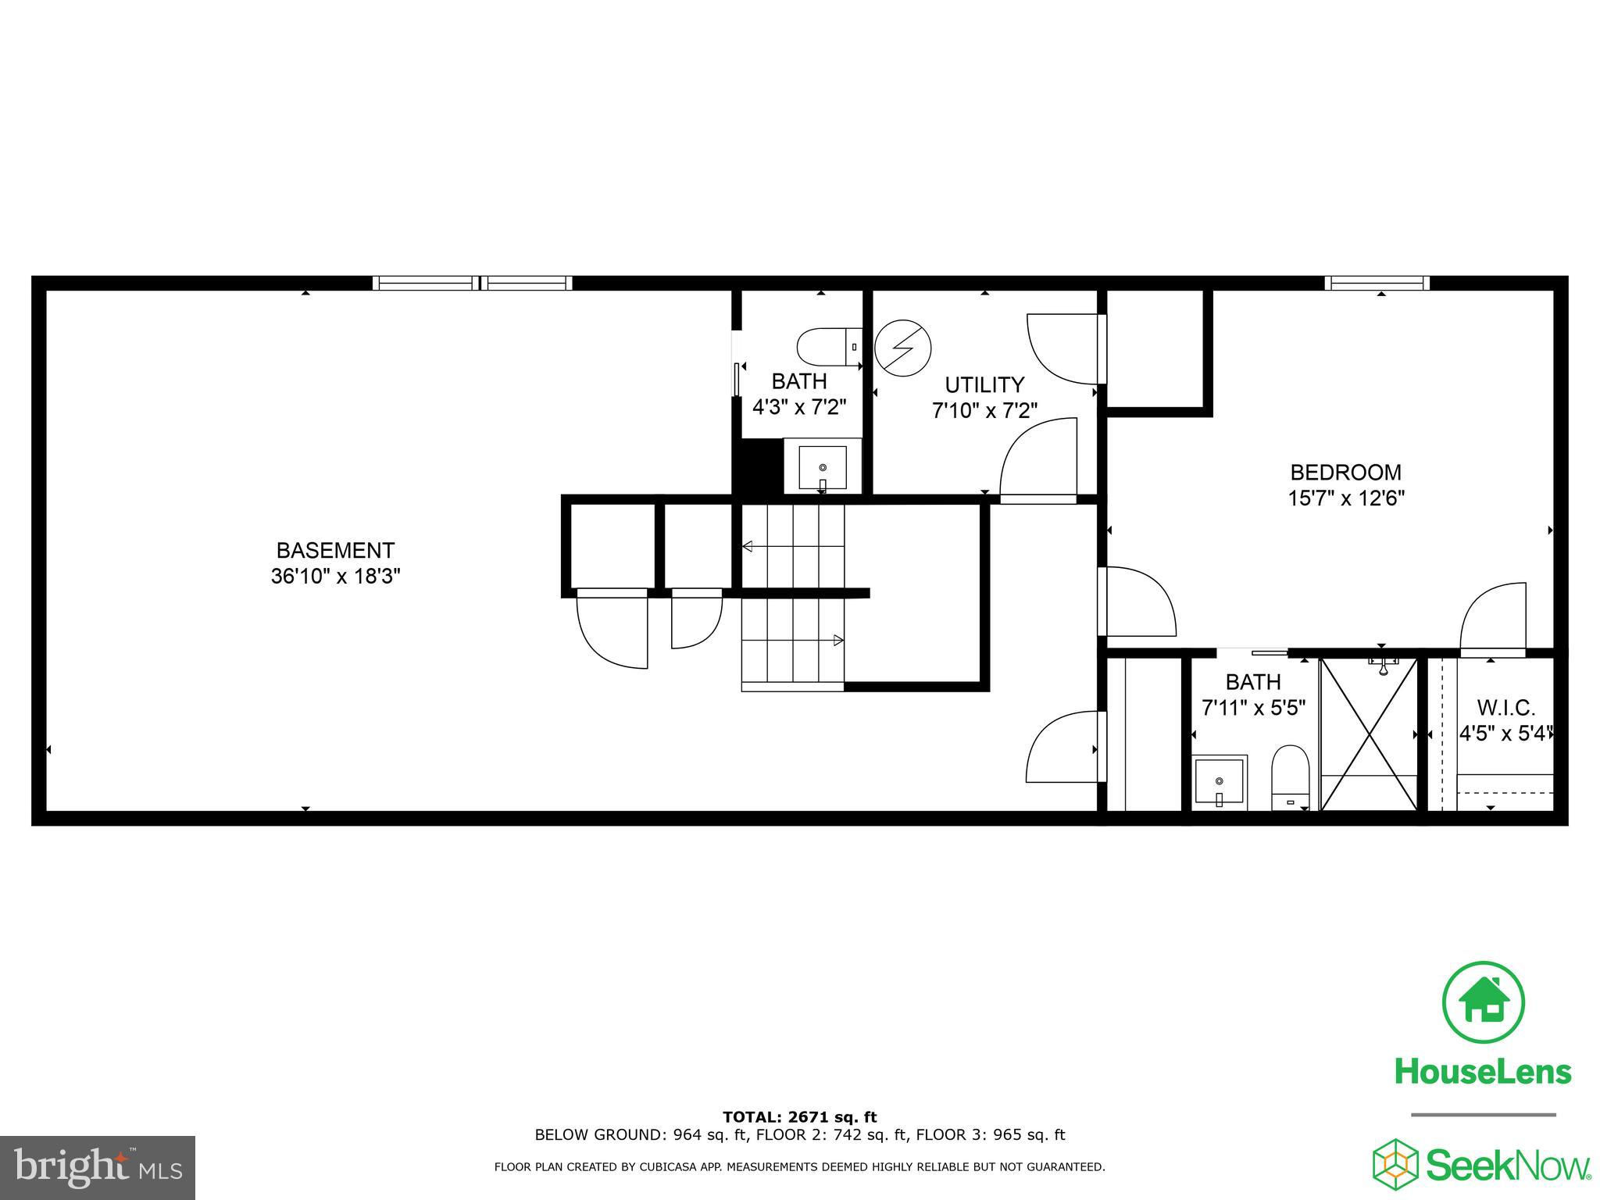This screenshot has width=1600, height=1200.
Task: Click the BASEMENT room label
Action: pos(335,550)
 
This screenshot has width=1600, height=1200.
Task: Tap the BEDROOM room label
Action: pos(1345,472)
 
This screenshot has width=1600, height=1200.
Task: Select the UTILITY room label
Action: pos(984,384)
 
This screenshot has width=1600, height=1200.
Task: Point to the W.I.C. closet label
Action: pos(1506,708)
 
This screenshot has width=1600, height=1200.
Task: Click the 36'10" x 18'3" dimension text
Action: pos(336,577)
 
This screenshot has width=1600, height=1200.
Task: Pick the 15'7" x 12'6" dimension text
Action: pos(1346,498)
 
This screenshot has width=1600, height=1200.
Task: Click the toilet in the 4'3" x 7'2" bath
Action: pos(829,347)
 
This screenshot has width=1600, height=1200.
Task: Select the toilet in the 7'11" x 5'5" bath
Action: pos(1290,777)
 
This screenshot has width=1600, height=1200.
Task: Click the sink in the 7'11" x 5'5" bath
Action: pos(1220,782)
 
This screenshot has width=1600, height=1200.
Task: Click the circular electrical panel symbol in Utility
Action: pos(903,347)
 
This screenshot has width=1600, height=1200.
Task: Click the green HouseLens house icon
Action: pos(1483,1002)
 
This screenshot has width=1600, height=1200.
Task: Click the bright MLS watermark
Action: pos(98,1168)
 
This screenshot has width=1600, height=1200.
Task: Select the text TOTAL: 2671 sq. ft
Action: pos(799,1117)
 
